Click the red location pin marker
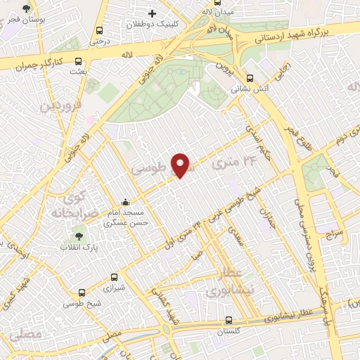[x=181, y=165]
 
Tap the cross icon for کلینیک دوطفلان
[x=152, y=13]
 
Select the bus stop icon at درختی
[x=98, y=31]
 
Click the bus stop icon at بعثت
[x=77, y=61]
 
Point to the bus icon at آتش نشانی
[x=250, y=79]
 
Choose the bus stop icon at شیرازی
[x=115, y=278]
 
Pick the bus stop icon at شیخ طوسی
[x=82, y=292]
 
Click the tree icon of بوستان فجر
[x=27, y=9]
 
